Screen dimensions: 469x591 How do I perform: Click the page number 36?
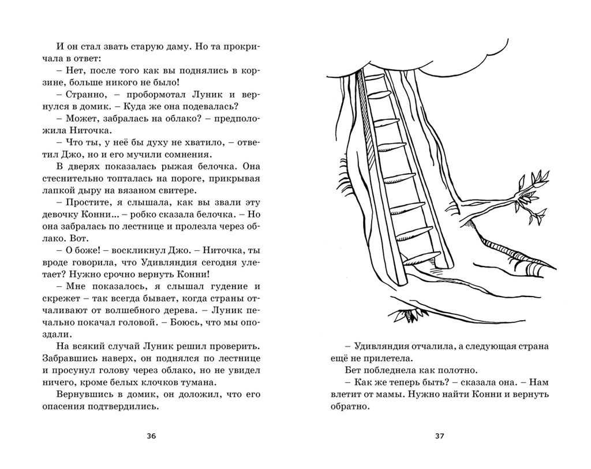[151, 436]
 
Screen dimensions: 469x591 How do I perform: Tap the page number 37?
[439, 436]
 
